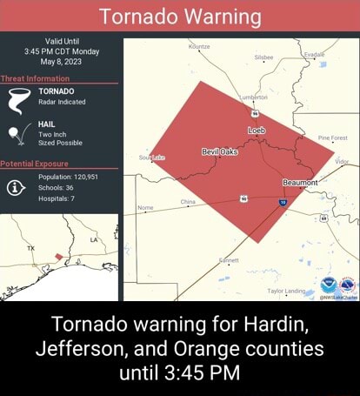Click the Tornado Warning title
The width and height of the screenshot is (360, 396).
point(180,17)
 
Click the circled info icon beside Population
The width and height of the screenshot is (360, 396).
point(17,186)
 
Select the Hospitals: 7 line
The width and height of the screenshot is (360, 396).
point(57,198)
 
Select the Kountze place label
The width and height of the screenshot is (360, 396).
point(199,44)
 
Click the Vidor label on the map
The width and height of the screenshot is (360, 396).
point(342,162)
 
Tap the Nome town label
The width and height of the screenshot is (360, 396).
point(147,208)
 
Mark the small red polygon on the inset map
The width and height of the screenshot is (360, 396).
point(59,257)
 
